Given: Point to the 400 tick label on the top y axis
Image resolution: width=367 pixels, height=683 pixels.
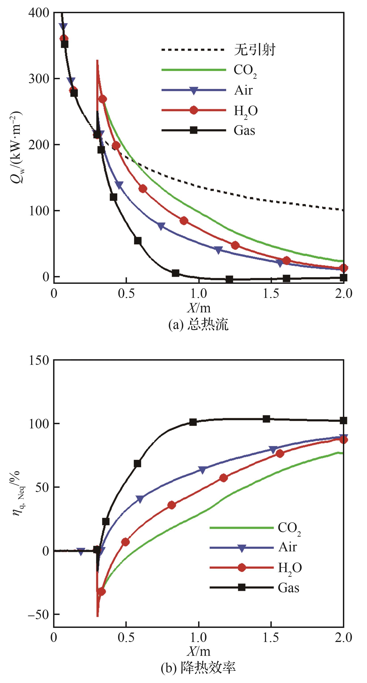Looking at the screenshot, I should point(39,13).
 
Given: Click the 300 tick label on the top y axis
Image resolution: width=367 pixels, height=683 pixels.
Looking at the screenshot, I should point(39,79).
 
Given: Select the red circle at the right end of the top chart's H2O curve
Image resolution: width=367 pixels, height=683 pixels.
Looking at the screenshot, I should point(343,268).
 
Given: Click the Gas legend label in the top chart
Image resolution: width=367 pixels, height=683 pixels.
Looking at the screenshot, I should point(244,131).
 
